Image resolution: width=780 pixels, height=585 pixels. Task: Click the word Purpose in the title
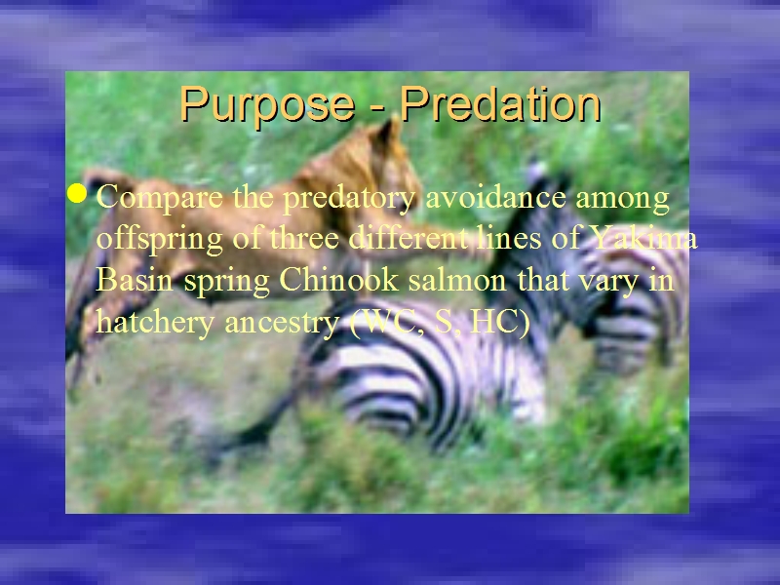(267, 104)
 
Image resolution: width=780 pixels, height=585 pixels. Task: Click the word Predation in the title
(500, 103)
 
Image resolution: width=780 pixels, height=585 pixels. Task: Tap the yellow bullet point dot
(77, 193)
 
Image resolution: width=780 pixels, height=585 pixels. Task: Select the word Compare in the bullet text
(160, 198)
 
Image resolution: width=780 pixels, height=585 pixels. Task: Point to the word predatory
(349, 198)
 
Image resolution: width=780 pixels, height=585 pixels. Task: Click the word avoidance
(496, 197)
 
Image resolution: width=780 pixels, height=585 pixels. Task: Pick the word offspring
(160, 239)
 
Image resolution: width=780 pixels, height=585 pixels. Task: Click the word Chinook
(339, 279)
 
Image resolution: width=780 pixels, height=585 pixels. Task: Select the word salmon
(457, 280)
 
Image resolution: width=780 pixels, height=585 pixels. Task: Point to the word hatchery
(156, 321)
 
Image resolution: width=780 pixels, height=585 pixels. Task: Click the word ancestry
(282, 323)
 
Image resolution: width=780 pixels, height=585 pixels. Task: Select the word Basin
(135, 279)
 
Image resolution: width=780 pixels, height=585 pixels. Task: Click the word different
(409, 238)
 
